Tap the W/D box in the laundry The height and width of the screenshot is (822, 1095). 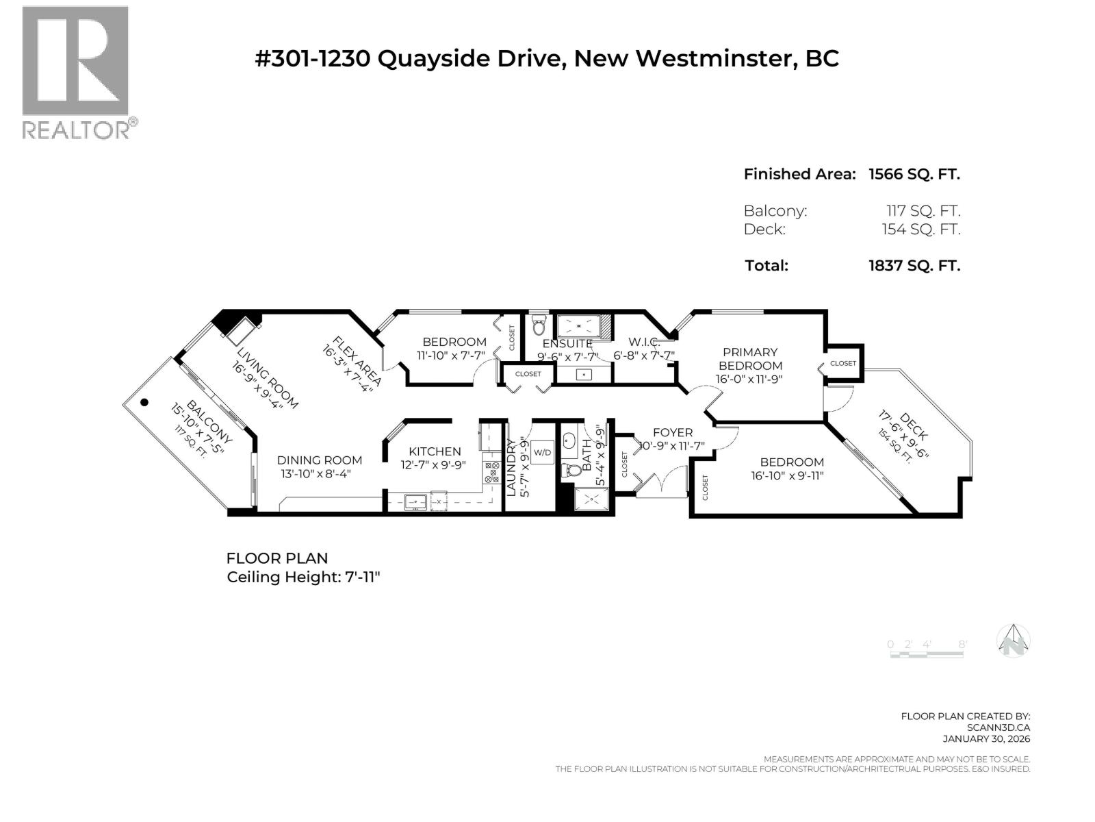tap(542, 452)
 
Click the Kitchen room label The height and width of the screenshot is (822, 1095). tap(435, 451)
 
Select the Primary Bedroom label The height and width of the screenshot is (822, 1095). tap(750, 358)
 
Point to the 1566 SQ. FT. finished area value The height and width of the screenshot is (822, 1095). tap(914, 174)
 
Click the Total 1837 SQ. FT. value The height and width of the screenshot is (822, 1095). tap(914, 266)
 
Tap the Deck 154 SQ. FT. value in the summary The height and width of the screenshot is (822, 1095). tap(920, 229)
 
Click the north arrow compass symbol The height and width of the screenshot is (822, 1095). tap(1014, 641)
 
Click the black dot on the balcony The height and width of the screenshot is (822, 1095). tap(144, 403)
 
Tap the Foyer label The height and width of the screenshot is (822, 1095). tap(672, 432)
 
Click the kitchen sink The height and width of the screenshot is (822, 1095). tap(415, 502)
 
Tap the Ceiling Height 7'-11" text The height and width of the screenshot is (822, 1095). tap(303, 577)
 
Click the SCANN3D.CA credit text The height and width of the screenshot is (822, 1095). tap(999, 727)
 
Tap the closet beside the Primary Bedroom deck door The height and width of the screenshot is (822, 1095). tap(843, 363)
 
